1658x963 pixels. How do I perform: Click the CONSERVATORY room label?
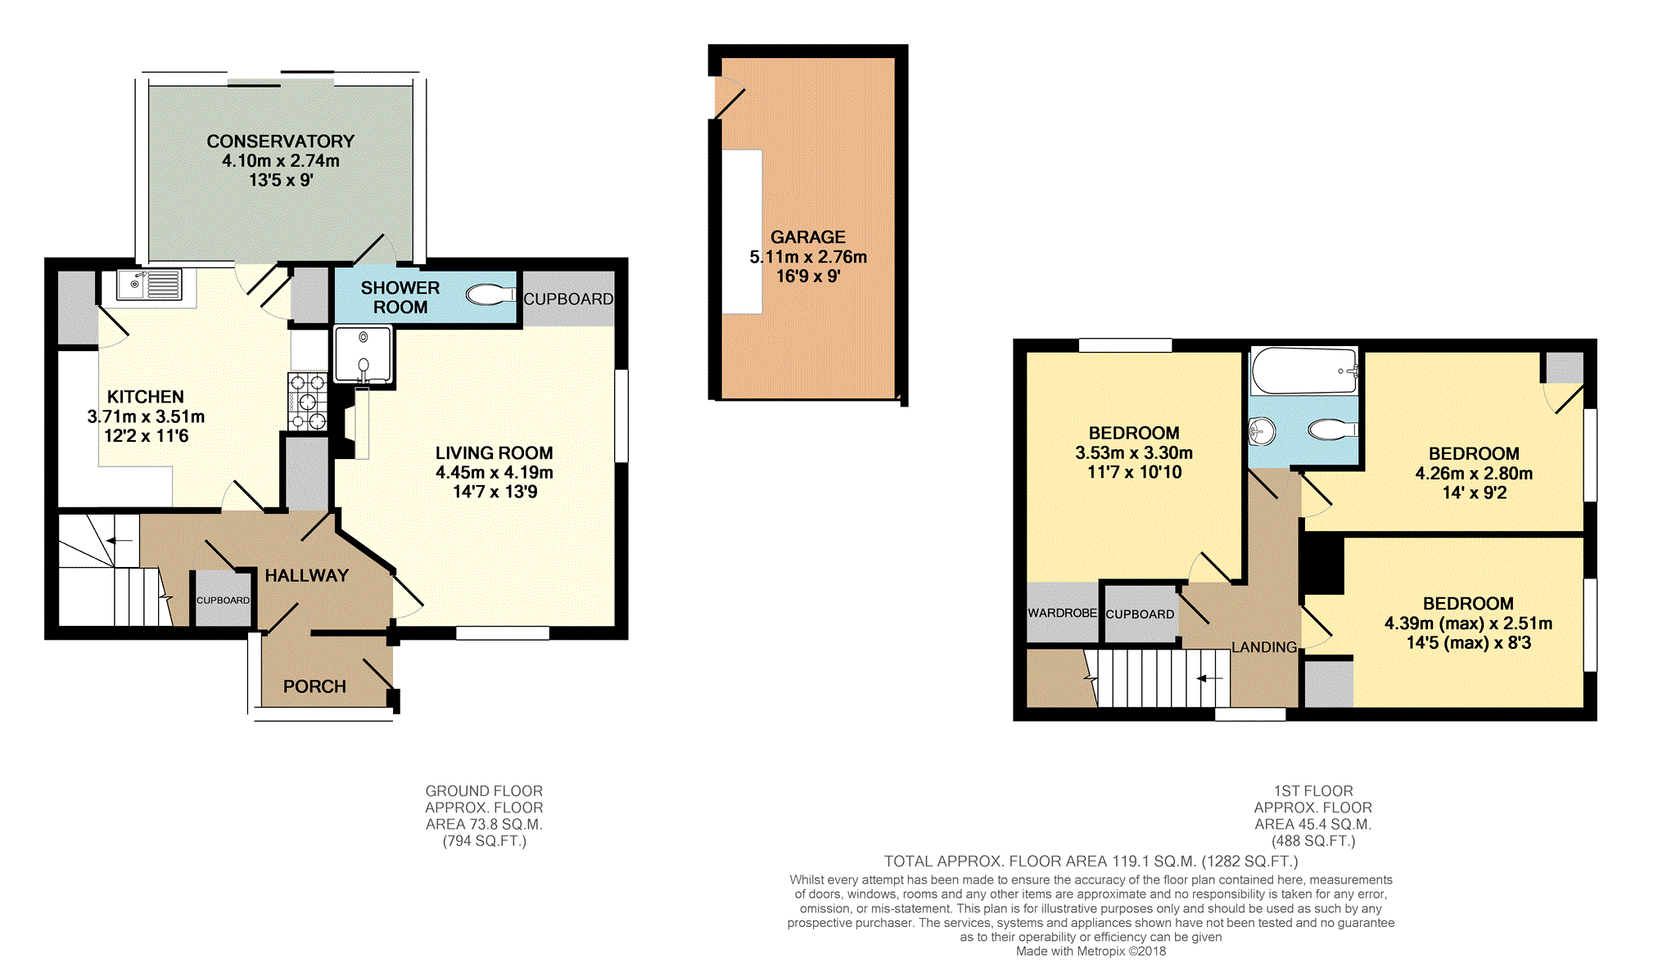[x=280, y=142]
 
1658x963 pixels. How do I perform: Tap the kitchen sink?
[x=149, y=285]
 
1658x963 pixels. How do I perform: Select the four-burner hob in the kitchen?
[x=308, y=402]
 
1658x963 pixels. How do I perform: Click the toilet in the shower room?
[x=490, y=295]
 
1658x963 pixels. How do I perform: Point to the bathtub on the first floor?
[x=1304, y=371]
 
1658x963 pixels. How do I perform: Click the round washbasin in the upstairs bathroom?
[x=1262, y=430]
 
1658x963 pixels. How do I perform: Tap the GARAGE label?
[x=808, y=237]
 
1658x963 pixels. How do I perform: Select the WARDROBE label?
[x=1062, y=613]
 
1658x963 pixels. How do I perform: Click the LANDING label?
[x=1264, y=647]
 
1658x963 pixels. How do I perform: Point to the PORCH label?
[x=314, y=686]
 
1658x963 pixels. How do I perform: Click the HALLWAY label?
[x=307, y=576]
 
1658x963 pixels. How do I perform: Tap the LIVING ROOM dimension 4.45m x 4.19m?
[x=495, y=473]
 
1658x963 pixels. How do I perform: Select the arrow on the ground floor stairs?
[x=120, y=540]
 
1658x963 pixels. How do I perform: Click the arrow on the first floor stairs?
[x=1209, y=678]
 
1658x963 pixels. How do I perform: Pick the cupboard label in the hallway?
[x=223, y=601]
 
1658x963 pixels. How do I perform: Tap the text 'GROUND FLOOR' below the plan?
[x=484, y=791]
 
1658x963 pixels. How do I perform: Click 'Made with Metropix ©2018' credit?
[x=1091, y=951]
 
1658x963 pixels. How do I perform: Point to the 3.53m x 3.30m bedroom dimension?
[x=1134, y=453]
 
